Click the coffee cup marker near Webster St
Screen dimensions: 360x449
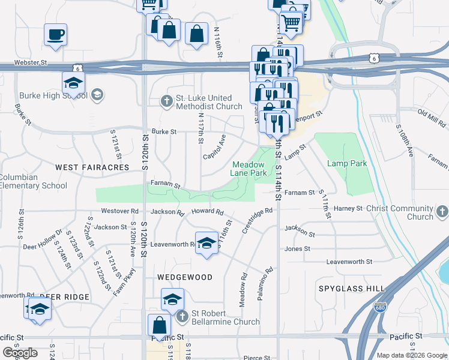tap(55, 34)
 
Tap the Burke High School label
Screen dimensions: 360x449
tap(55, 95)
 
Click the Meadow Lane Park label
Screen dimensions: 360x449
tap(249, 168)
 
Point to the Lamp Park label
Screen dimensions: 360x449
tap(346, 163)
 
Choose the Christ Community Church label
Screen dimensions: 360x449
tap(403, 212)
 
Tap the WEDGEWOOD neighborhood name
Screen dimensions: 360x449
tap(185, 277)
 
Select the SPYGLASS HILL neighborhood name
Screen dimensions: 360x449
tap(352, 289)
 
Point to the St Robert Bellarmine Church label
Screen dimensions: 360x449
tap(225, 317)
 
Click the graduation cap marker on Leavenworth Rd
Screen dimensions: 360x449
tap(206, 243)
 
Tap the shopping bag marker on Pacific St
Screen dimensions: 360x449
tap(160, 325)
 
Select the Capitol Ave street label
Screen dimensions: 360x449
tap(214, 146)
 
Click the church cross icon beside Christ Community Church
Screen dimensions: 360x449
tap(442, 211)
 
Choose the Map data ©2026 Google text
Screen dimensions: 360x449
tap(412, 355)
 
